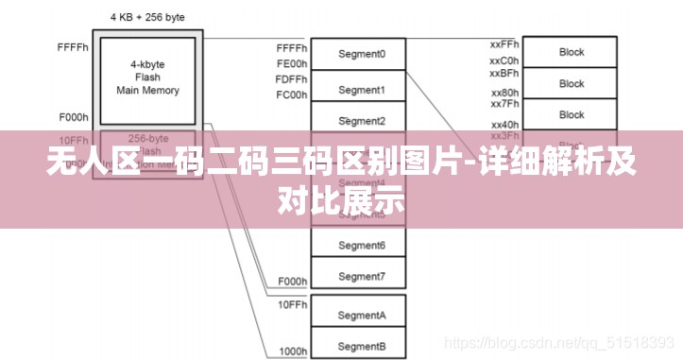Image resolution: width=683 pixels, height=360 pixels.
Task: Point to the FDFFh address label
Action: (292, 79)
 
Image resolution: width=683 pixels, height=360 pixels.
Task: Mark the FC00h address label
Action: (292, 95)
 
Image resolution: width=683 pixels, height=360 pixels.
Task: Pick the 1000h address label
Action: (292, 351)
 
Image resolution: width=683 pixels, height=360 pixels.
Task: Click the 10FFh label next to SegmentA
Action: (292, 305)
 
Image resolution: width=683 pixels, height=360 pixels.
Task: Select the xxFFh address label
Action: (504, 44)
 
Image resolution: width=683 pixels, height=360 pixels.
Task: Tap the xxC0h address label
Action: (504, 61)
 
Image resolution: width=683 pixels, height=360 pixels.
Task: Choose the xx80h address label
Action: (504, 93)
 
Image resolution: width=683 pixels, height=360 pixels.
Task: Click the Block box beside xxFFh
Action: (572, 52)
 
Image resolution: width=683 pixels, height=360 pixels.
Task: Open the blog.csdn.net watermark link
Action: (557, 347)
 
